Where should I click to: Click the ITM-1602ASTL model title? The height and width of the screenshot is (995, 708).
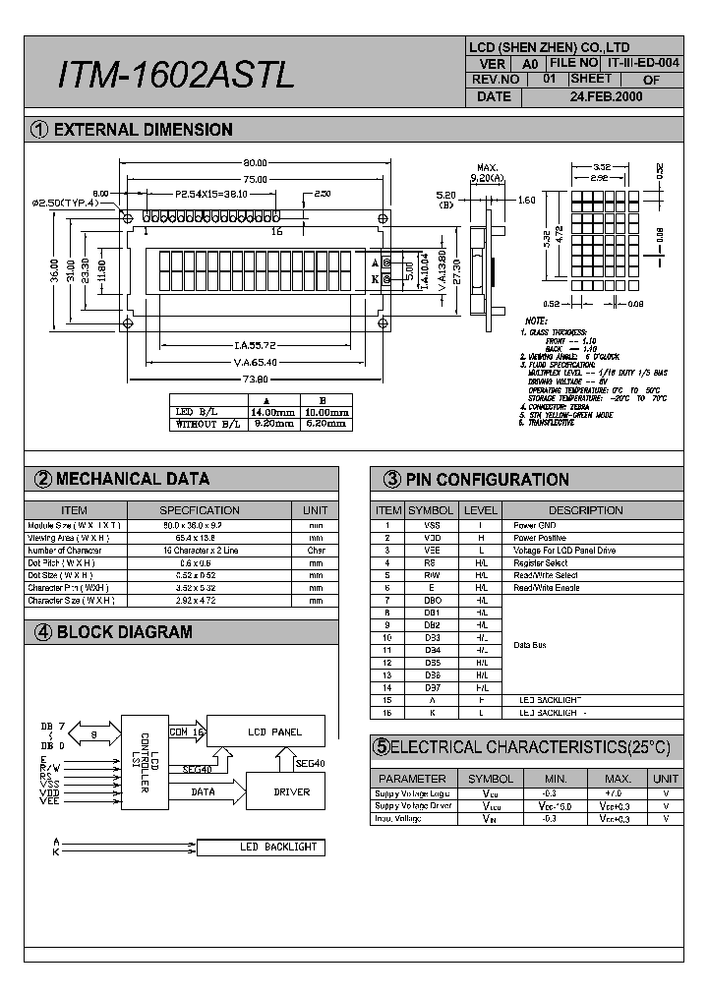point(177,75)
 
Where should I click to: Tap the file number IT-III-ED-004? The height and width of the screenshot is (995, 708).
point(643,62)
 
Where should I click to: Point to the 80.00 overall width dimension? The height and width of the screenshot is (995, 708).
point(254,163)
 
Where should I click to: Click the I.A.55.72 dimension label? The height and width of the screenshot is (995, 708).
point(254,345)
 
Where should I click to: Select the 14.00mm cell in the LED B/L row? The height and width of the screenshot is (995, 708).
point(272,412)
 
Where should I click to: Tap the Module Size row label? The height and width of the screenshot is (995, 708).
point(74,525)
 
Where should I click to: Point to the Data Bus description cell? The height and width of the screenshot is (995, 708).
point(532,645)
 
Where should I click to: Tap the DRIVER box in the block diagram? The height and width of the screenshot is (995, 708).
point(291,791)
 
